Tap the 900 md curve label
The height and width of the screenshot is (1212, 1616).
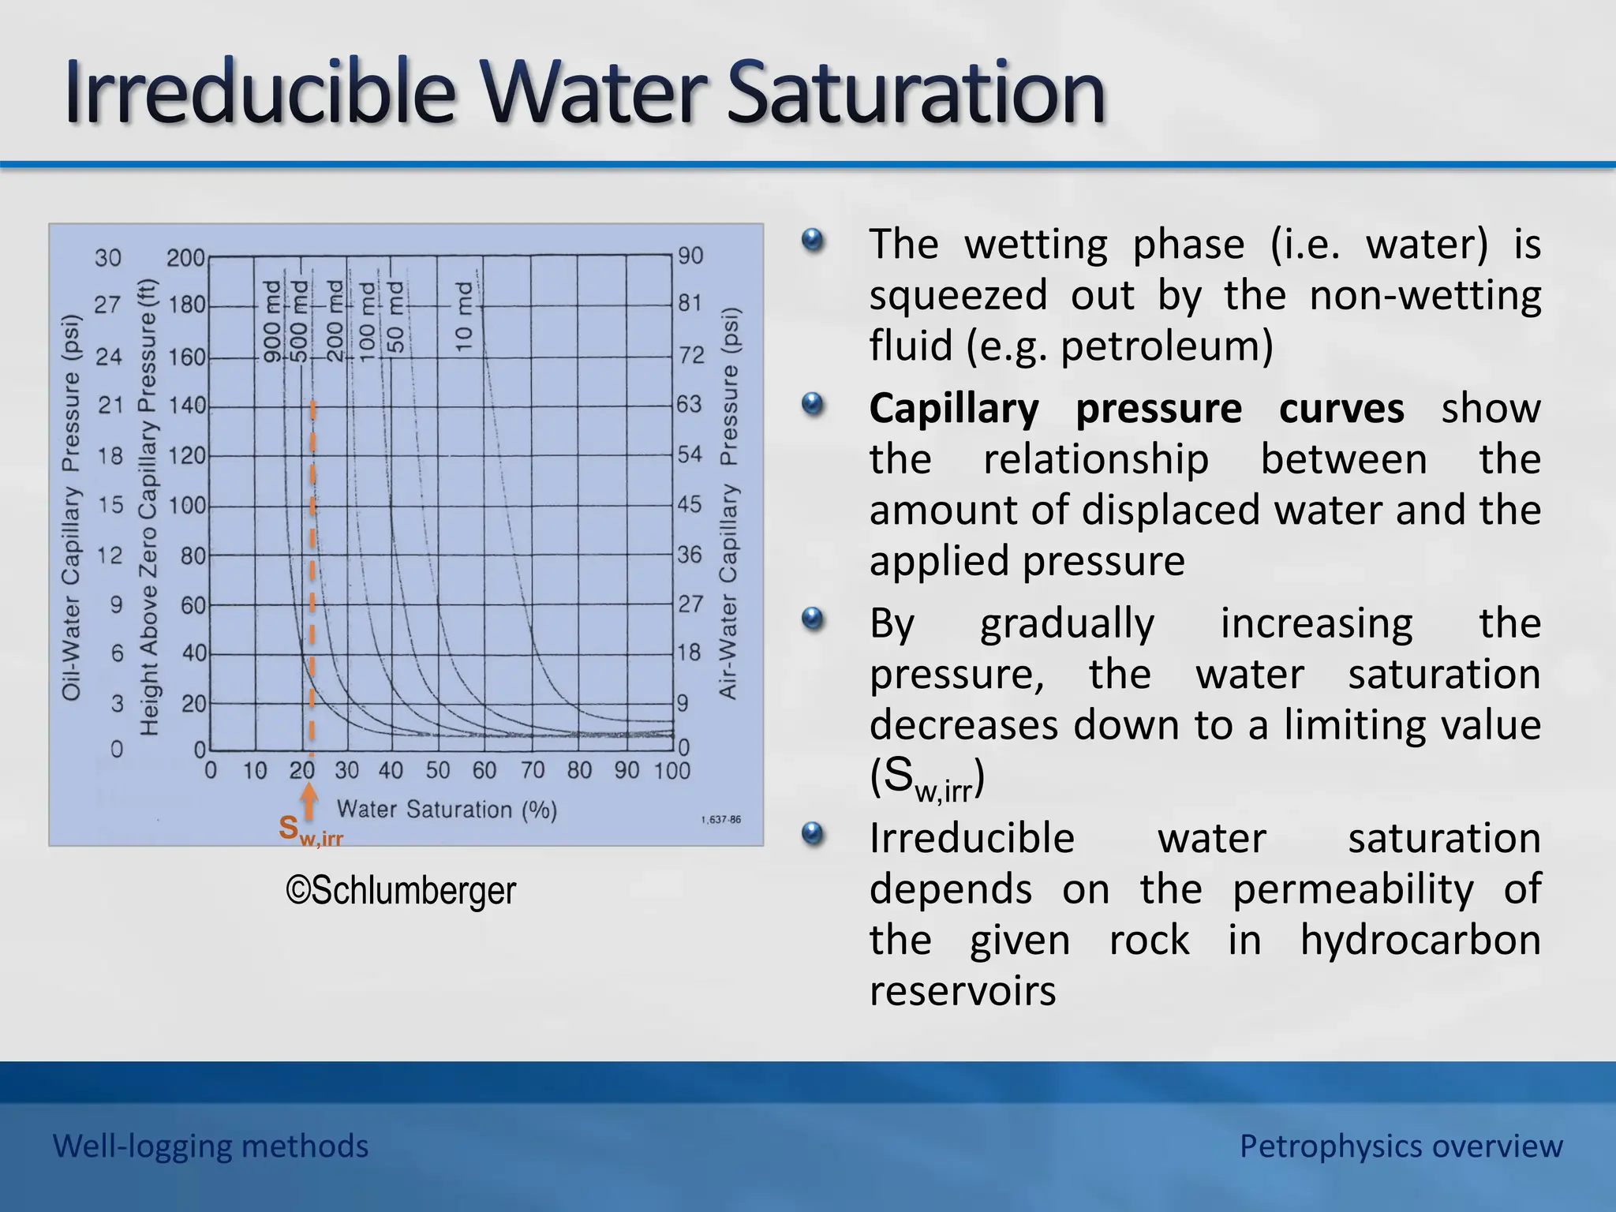click(x=271, y=321)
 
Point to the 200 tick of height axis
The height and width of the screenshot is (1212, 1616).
click(x=185, y=258)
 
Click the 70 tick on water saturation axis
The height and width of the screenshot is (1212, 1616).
click(x=533, y=770)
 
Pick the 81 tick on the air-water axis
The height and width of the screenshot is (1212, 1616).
click(x=690, y=303)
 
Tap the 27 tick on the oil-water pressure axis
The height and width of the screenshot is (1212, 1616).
click(x=108, y=305)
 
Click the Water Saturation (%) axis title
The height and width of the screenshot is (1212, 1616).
click(x=447, y=810)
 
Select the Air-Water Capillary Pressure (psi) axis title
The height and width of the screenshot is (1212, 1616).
click(x=728, y=503)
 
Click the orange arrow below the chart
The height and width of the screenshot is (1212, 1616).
click(x=310, y=799)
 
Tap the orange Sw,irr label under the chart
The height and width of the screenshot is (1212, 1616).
click(x=310, y=830)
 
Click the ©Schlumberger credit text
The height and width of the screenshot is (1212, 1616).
click(x=401, y=891)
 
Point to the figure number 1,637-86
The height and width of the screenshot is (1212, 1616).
click(x=720, y=820)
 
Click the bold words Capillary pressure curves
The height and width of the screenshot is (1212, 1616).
click(x=1136, y=409)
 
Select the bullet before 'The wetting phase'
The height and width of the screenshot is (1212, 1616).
click(x=812, y=240)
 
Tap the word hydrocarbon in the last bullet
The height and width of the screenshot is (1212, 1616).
click(x=1420, y=940)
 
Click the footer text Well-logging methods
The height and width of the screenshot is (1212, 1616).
click(x=211, y=1146)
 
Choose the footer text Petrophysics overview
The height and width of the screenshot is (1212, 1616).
click(x=1401, y=1146)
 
